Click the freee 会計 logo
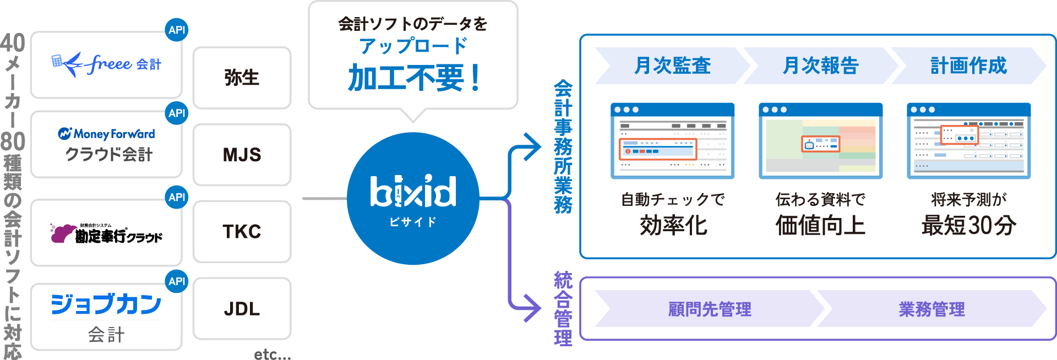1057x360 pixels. (106, 64)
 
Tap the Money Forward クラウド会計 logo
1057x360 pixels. (107, 144)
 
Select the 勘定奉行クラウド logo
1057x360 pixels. (106, 233)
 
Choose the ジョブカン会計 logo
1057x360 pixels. (106, 317)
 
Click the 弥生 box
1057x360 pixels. (242, 78)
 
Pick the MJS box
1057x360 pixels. (242, 155)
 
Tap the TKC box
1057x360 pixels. (242, 232)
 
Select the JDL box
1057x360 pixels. (242, 309)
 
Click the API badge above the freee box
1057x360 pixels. (177, 30)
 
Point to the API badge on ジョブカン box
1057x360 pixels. (177, 281)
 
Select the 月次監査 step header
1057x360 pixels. (672, 66)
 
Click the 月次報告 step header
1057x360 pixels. (820, 66)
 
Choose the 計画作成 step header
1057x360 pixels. (968, 66)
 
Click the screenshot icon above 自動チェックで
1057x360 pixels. (672, 141)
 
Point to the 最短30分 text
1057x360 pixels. (968, 225)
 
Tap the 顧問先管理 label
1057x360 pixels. (709, 309)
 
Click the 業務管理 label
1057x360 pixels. (931, 309)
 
